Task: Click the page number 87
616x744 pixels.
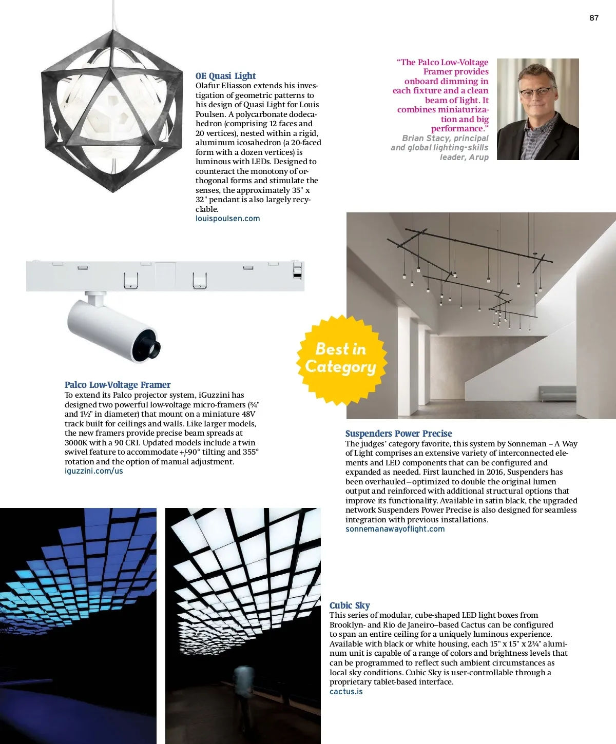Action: pyautogui.click(x=593, y=18)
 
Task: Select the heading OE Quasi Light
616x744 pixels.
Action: pyautogui.click(x=225, y=76)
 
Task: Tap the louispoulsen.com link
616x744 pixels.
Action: pyautogui.click(x=227, y=219)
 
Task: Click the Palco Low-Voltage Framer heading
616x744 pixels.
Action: pyautogui.click(x=118, y=385)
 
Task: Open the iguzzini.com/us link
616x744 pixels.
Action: pyautogui.click(x=93, y=471)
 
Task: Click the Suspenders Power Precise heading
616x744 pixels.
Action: pyautogui.click(x=398, y=434)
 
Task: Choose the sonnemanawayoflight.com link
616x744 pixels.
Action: pyautogui.click(x=395, y=529)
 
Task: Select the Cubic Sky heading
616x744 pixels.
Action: pyautogui.click(x=350, y=605)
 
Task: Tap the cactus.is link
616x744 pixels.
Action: pyautogui.click(x=346, y=692)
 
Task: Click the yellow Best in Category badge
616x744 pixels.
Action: pyautogui.click(x=341, y=359)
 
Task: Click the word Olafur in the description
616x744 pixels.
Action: pyautogui.click(x=209, y=86)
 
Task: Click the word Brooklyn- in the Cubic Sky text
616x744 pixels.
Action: pyautogui.click(x=347, y=625)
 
